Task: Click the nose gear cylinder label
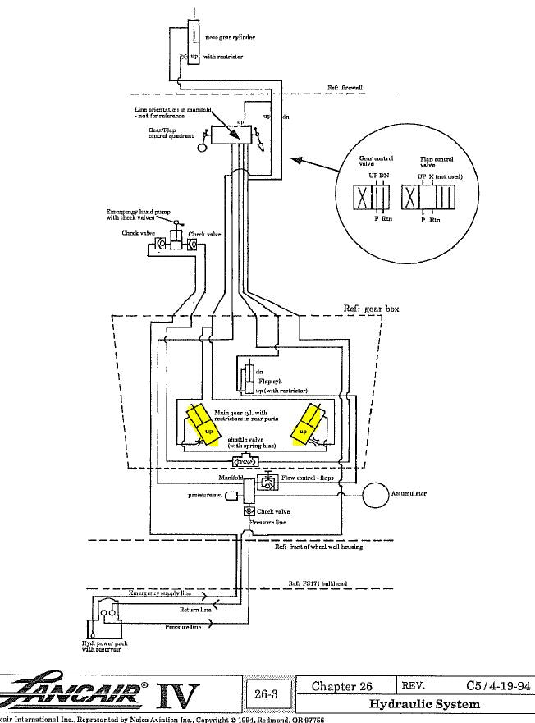pyautogui.click(x=234, y=38)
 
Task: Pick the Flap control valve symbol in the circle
pyautogui.click(x=428, y=198)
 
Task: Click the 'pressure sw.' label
pyautogui.click(x=207, y=496)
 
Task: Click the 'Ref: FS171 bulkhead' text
pyautogui.click(x=317, y=583)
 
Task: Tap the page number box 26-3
pyautogui.click(x=265, y=695)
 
